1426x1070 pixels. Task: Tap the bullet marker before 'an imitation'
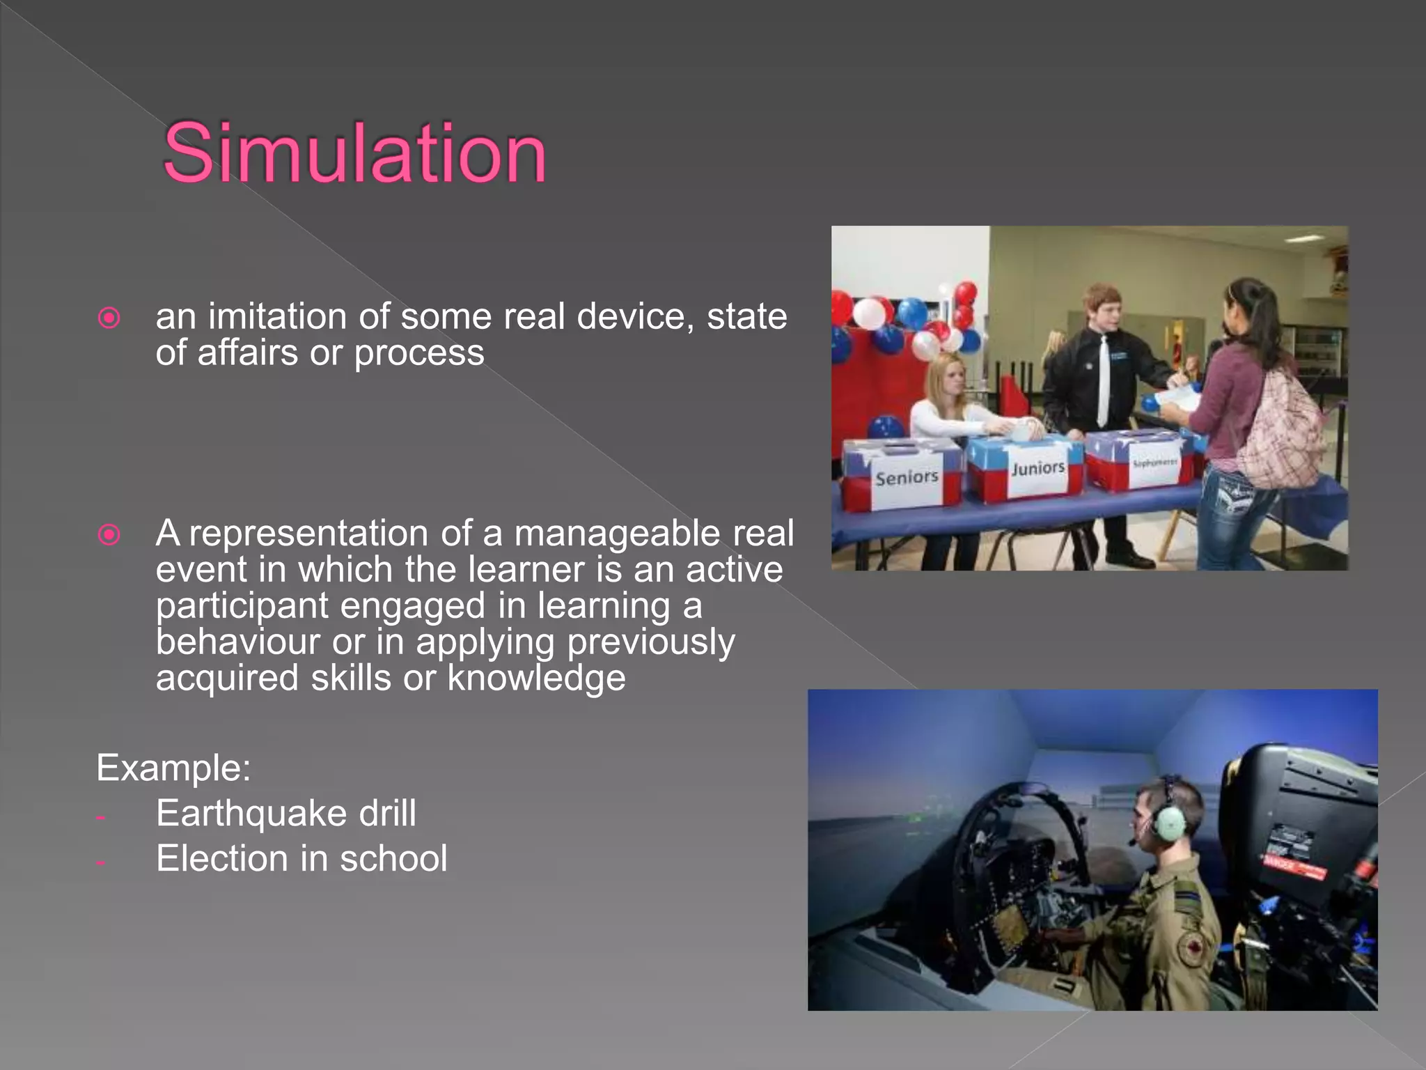pyautogui.click(x=109, y=318)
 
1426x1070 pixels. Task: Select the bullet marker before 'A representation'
pyautogui.click(x=109, y=535)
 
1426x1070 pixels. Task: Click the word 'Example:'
pyautogui.click(x=173, y=768)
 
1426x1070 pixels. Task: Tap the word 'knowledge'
pyautogui.click(x=536, y=678)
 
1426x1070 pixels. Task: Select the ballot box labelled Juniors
pyautogui.click(x=1031, y=465)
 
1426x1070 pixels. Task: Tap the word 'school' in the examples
pyautogui.click(x=393, y=858)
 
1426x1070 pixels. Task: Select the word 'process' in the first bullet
pyautogui.click(x=419, y=352)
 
